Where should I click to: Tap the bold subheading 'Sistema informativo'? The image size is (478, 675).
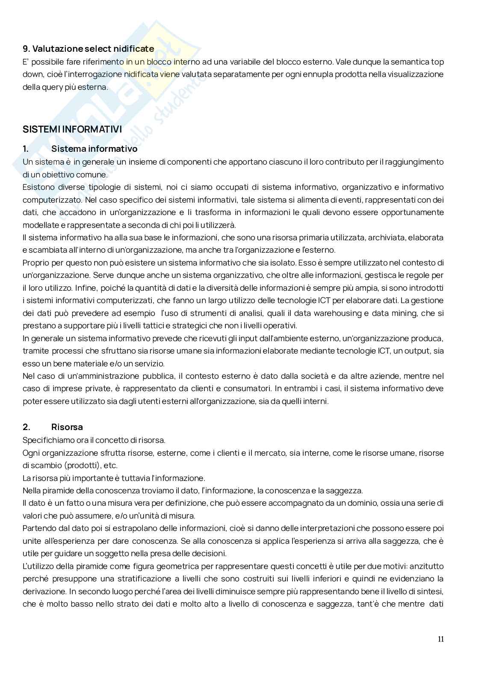point(94,149)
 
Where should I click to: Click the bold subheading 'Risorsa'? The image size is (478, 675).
point(67,427)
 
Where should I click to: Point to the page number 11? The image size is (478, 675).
point(441,639)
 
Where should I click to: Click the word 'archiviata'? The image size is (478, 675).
point(386,237)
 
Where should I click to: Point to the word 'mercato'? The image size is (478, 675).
point(270,453)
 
